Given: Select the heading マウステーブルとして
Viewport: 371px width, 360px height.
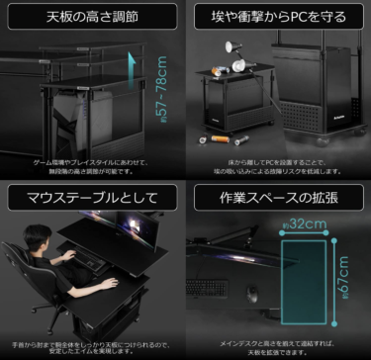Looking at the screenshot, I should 91,196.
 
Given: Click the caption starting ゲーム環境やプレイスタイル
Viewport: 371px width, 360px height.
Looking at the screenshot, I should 91,164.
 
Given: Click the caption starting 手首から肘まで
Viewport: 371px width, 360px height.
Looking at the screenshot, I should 91,343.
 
